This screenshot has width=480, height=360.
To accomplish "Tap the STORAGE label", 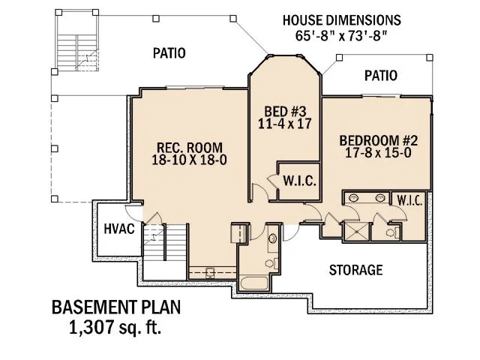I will (x=356, y=269).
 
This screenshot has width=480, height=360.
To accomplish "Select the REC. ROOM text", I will (x=188, y=146).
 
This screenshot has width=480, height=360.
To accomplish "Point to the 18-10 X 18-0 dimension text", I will (x=188, y=160).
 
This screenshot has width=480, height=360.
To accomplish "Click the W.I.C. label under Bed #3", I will (x=298, y=181).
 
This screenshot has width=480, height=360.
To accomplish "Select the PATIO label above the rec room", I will (x=169, y=53).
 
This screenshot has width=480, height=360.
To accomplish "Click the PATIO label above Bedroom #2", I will (x=381, y=76).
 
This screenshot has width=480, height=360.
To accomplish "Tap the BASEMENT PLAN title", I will (x=115, y=308).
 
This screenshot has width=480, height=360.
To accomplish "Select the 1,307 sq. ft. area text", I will (x=115, y=327).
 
